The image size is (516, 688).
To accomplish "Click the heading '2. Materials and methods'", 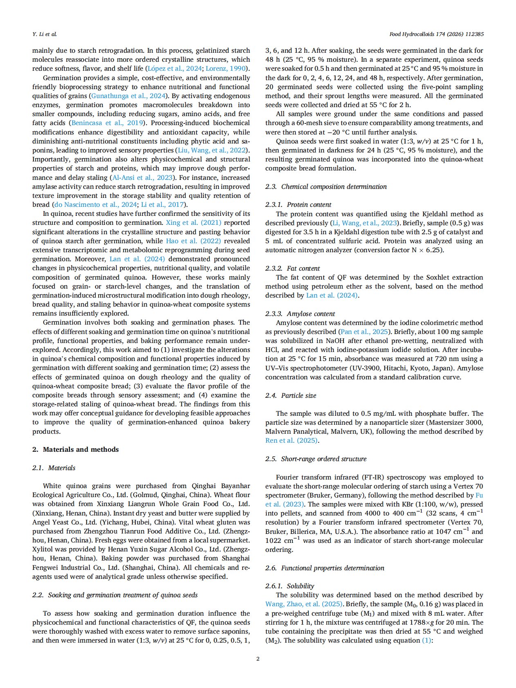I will click(x=75, y=449).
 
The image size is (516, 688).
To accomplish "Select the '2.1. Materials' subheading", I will click(x=54, y=468).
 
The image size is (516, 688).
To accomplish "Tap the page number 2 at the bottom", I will click(x=258, y=658).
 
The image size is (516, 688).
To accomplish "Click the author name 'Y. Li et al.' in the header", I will click(x=45, y=34).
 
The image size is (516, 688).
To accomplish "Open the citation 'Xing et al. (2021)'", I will click(x=193, y=223).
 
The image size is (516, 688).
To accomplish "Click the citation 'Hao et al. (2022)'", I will click(x=193, y=241).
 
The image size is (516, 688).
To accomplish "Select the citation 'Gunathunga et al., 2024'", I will click(x=128, y=96).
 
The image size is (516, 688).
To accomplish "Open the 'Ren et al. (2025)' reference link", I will click(x=292, y=441).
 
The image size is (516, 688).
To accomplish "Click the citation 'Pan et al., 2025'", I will click(x=364, y=332).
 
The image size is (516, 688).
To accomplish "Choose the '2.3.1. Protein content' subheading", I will click(x=298, y=204).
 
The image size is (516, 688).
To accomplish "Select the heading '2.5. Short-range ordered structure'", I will click(x=316, y=459).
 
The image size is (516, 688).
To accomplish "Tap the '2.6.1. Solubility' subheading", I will click(x=289, y=586).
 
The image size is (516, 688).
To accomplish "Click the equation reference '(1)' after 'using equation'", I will click(x=426, y=641).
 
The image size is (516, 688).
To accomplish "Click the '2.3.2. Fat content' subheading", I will click(x=292, y=268).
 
